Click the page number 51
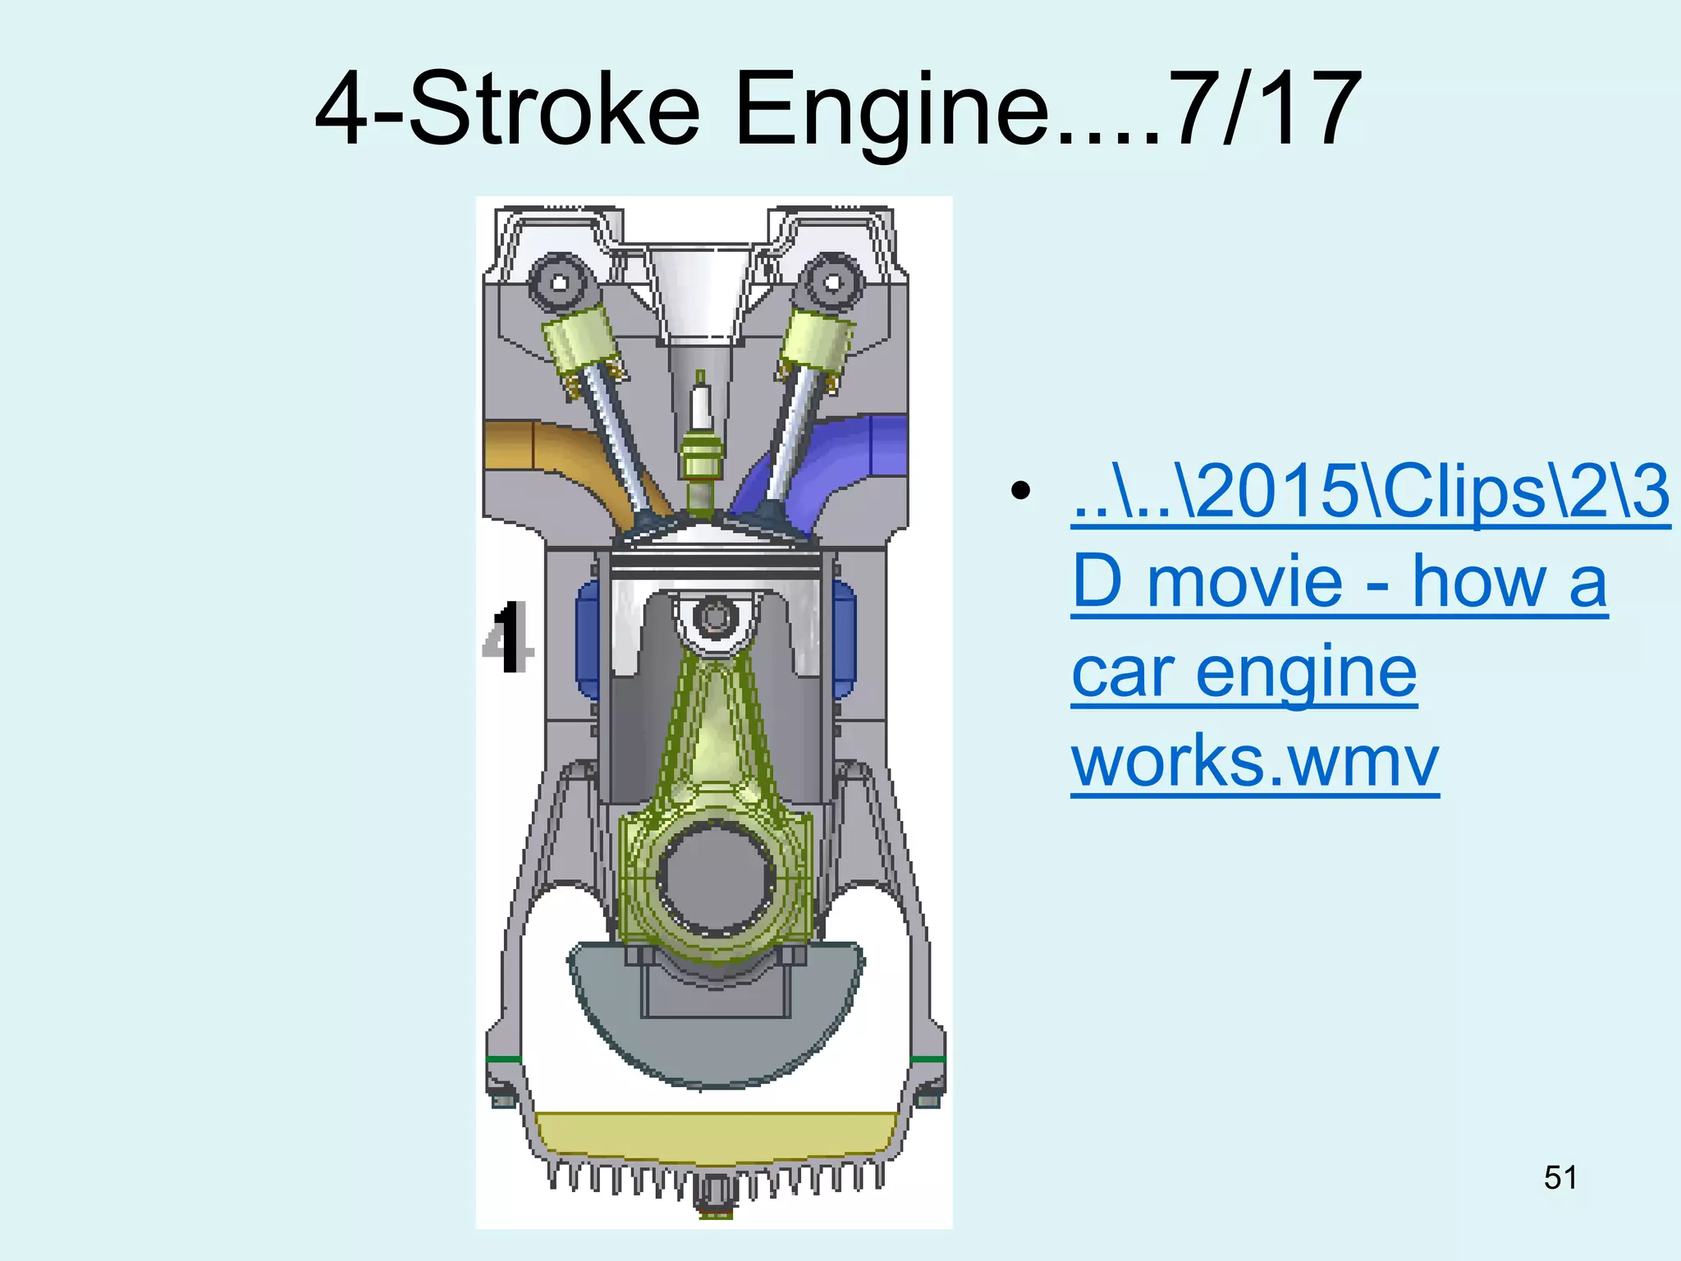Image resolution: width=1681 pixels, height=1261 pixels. pos(1560,1177)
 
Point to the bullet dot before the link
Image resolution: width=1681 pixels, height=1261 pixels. pos(1020,491)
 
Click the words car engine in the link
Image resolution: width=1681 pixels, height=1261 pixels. pos(1244,672)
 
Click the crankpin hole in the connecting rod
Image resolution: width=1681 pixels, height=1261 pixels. pos(716,878)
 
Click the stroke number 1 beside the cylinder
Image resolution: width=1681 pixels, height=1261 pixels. pos(509,636)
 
